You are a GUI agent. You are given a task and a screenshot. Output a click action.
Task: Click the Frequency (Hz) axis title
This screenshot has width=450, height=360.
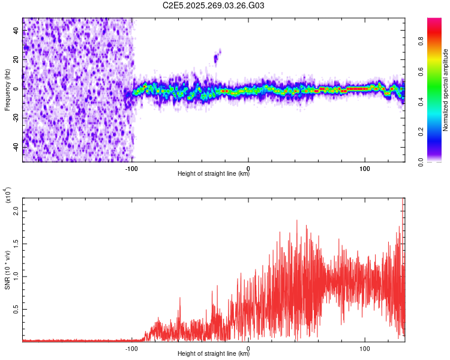pyautogui.click(x=7, y=90)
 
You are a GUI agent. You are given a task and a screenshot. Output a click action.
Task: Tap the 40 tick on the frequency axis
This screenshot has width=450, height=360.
pyautogui.click(x=17, y=31)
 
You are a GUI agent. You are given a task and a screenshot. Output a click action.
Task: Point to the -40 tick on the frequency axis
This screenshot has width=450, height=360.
pyautogui.click(x=17, y=147)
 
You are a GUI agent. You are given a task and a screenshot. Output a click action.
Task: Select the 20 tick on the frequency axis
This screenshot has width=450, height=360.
pyautogui.click(x=17, y=60)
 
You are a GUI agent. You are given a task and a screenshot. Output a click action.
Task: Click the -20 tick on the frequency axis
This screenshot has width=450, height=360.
pyautogui.click(x=17, y=118)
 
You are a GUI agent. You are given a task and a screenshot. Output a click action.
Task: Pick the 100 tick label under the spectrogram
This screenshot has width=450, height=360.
pyautogui.click(x=365, y=167)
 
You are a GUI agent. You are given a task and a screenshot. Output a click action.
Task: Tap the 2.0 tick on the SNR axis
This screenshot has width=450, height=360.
pyautogui.click(x=16, y=211)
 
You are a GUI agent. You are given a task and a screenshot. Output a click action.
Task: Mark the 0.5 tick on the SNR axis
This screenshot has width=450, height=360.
pyautogui.click(x=16, y=309)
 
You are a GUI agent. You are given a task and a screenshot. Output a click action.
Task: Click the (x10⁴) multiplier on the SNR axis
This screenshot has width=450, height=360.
pyautogui.click(x=7, y=195)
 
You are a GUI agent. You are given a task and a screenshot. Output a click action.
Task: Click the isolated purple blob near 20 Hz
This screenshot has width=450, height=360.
pyautogui.click(x=217, y=58)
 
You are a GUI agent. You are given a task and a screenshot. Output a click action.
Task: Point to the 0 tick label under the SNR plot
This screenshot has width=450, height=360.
pyautogui.click(x=248, y=347)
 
